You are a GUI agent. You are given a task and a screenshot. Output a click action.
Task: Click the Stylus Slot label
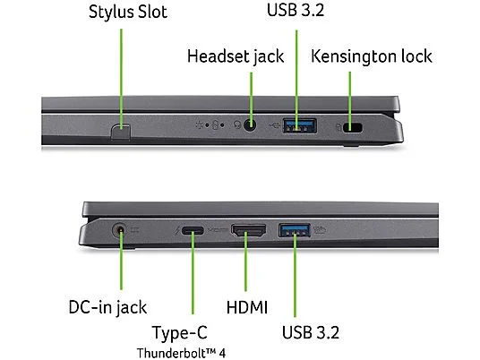[128, 12]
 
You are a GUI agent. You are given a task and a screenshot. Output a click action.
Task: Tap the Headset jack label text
[236, 56]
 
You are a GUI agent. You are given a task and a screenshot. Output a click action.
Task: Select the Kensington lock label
[372, 56]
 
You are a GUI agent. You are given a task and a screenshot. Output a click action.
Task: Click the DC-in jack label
[107, 307]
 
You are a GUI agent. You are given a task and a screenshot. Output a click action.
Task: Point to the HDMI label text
[247, 307]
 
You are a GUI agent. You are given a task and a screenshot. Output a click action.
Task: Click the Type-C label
[180, 332]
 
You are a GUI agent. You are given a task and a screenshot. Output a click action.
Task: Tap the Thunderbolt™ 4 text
[181, 353]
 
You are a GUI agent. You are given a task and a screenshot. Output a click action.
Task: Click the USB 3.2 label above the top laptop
[296, 10]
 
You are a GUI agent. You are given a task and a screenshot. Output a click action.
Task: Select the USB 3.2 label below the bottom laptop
[311, 332]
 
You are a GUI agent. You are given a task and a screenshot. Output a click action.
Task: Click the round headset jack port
[250, 124]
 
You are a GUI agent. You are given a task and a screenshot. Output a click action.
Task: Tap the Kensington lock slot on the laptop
[353, 127]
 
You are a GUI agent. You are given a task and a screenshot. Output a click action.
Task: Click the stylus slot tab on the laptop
[121, 132]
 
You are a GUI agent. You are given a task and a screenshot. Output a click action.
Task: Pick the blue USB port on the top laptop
[300, 125]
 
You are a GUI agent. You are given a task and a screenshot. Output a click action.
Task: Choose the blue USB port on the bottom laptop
[295, 230]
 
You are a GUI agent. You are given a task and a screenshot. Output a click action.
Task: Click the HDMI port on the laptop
[248, 230]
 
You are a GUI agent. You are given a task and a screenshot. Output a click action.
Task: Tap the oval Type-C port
[193, 230]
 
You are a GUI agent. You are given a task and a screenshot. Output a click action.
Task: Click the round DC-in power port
[120, 230]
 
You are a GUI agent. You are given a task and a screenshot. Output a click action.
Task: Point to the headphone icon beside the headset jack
[237, 124]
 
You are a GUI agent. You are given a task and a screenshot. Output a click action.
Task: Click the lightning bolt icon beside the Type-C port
[177, 230]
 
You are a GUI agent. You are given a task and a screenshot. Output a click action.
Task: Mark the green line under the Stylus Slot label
[121, 79]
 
